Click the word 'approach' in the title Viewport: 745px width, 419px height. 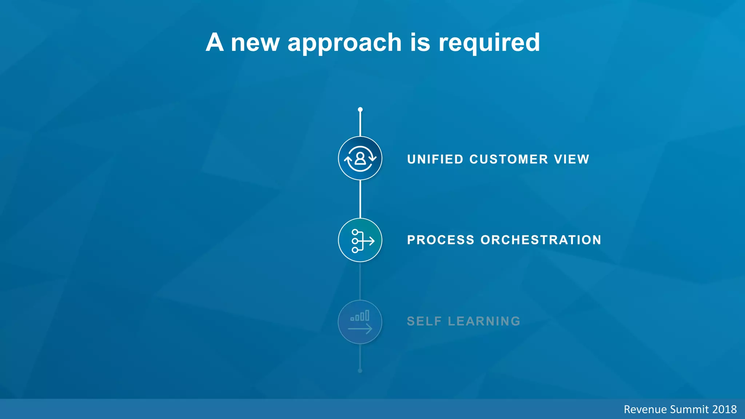(344, 43)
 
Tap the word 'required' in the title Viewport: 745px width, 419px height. (489, 43)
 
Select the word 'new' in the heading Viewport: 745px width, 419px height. (255, 43)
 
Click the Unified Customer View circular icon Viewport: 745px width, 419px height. (360, 158)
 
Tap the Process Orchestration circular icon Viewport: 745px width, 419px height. (360, 240)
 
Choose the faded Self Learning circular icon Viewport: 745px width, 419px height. (360, 322)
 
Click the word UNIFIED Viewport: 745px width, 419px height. (435, 159)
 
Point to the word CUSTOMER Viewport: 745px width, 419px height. (509, 159)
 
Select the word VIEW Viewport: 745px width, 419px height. (571, 159)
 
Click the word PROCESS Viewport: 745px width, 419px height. (441, 240)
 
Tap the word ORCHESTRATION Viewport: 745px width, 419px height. (541, 240)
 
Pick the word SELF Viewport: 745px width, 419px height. (424, 321)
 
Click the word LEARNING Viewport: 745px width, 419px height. (484, 321)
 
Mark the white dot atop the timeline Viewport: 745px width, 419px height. (360, 109)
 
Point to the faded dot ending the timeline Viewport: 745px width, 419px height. (360, 371)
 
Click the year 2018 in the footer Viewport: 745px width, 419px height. (724, 410)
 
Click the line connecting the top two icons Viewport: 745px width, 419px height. (360, 199)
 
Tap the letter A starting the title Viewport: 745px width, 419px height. (215, 43)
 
